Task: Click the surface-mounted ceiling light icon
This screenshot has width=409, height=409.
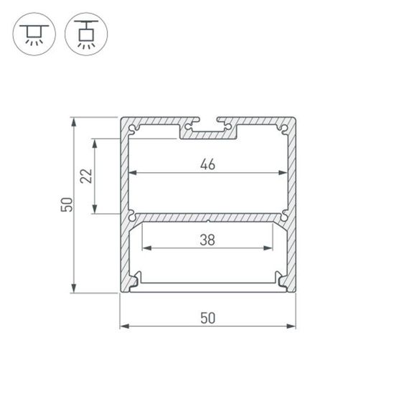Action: [x=33, y=34]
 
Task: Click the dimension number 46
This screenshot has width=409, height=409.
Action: [x=207, y=164]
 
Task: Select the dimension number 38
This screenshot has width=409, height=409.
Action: [x=207, y=240]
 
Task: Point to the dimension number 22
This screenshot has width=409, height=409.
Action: [x=86, y=176]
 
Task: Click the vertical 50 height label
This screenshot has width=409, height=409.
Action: [x=66, y=204]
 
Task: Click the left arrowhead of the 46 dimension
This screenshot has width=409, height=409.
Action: [x=132, y=173]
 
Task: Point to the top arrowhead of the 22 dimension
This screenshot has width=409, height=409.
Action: [x=95, y=142]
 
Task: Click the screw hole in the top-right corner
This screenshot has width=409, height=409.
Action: [x=284, y=128]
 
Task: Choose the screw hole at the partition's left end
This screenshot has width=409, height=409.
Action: [x=132, y=213]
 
